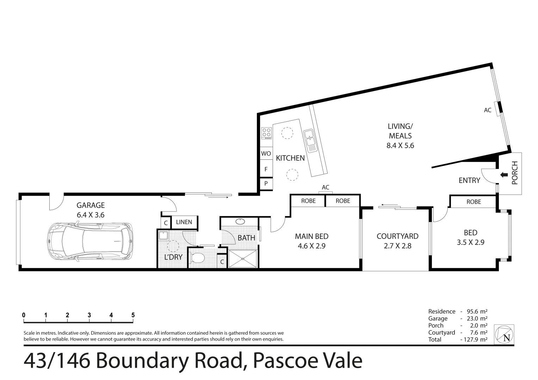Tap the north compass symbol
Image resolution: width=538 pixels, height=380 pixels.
click(504, 335)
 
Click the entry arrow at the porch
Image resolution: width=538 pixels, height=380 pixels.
click(504, 175)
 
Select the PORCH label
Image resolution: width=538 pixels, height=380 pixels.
click(515, 173)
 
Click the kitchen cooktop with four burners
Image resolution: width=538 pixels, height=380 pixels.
click(266, 133)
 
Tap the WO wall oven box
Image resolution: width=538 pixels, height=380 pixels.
click(266, 153)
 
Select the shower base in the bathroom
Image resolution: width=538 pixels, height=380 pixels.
click(243, 259)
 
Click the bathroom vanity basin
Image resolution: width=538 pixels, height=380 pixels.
click(240, 221)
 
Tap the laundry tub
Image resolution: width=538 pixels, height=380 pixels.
click(163, 235)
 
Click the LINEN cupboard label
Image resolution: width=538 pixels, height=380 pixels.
click(184, 222)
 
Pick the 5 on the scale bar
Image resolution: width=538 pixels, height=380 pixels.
click(133, 315)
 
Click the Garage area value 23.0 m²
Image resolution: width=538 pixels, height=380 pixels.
click(477, 318)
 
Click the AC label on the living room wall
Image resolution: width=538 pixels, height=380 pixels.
click(487, 110)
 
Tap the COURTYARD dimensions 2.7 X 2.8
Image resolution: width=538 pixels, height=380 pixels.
click(397, 246)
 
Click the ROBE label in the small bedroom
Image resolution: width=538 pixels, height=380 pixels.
click(474, 202)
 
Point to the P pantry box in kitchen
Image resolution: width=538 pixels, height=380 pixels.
click(266, 183)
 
